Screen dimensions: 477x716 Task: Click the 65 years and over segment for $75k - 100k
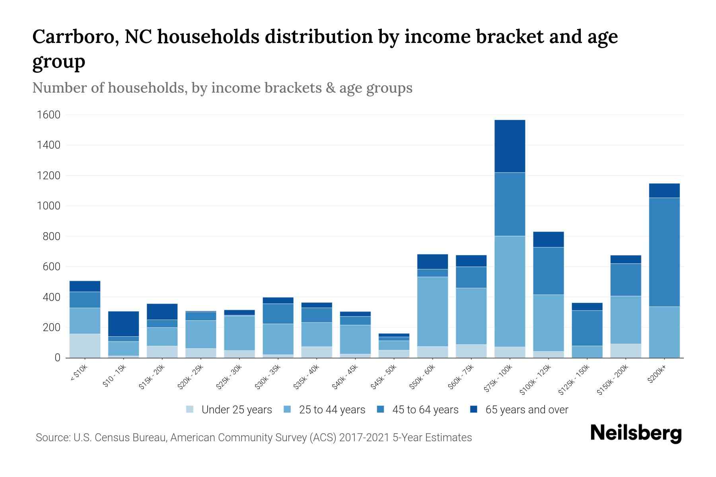[x=510, y=146]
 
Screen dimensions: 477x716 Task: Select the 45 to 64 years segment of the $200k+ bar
[x=664, y=252]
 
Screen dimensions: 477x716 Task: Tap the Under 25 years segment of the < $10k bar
[x=85, y=345]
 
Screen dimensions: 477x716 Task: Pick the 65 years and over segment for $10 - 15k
[x=123, y=324]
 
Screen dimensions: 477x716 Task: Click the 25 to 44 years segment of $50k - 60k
[x=432, y=311]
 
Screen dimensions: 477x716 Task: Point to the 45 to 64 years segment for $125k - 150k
[x=587, y=328]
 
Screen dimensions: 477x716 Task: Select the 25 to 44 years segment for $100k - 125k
[x=548, y=323]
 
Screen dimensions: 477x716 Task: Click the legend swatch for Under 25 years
[x=190, y=409]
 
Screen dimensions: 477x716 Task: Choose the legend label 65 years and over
[x=527, y=409]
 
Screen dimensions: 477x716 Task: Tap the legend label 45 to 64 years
[x=425, y=409]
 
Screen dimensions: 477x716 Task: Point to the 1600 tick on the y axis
[x=49, y=115]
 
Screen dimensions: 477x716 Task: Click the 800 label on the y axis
[x=52, y=237]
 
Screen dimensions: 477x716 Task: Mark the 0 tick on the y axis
[x=57, y=358]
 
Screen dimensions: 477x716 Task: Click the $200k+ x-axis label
[x=657, y=374]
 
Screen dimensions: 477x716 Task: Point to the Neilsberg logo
[x=636, y=433]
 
